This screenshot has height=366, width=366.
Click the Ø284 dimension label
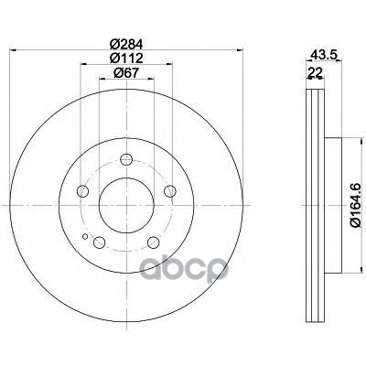(x=126, y=45)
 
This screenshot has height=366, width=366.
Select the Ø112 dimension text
(x=126, y=58)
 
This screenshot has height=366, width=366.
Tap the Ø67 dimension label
(x=126, y=72)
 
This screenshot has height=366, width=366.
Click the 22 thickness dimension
(x=315, y=72)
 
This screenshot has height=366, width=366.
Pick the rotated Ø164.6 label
(x=356, y=205)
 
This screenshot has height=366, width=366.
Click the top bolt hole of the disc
(x=126, y=159)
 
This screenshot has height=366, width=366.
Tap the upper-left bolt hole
(x=82, y=191)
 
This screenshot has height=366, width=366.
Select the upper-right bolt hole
(x=170, y=191)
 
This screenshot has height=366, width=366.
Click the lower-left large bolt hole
(x=99, y=242)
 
